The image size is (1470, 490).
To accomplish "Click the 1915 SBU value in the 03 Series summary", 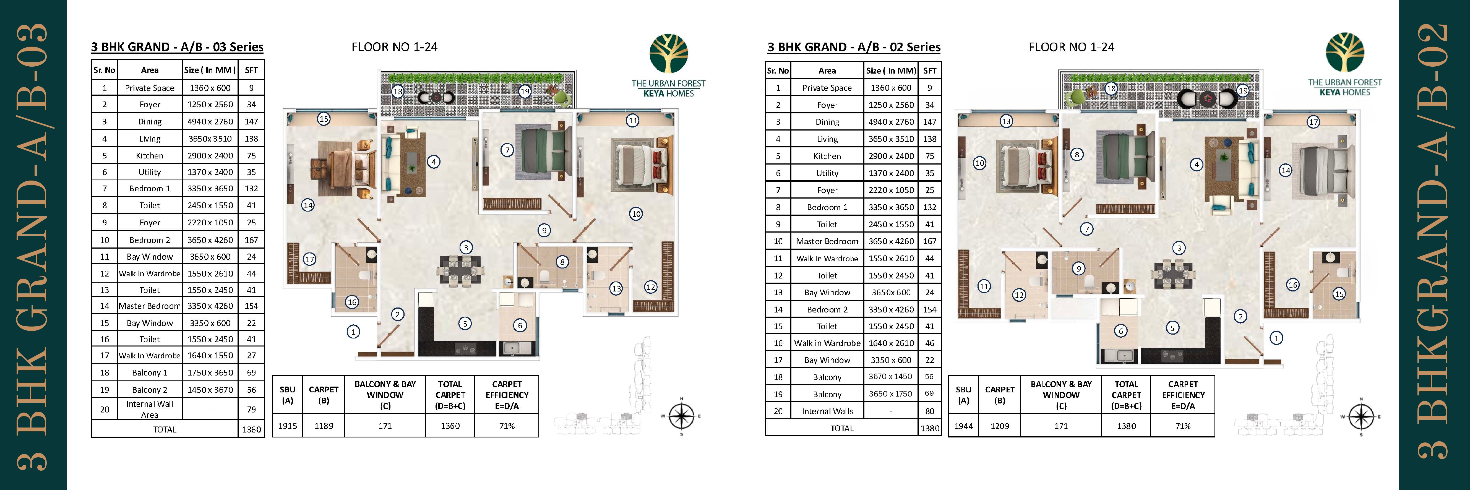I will pyautogui.click(x=288, y=426).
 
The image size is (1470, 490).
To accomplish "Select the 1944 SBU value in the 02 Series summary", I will pyautogui.click(x=963, y=426).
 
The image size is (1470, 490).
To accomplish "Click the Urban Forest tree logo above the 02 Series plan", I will pyautogui.click(x=1344, y=53).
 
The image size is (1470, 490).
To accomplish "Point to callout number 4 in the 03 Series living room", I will pyautogui.click(x=434, y=162).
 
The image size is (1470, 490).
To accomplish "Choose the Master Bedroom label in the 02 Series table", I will pyautogui.click(x=827, y=241).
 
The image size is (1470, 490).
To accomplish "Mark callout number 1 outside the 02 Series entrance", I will pyautogui.click(x=1276, y=338).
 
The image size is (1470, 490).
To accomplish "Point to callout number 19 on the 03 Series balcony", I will pyautogui.click(x=525, y=91).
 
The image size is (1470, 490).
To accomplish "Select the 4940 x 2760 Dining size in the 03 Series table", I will pyautogui.click(x=210, y=121).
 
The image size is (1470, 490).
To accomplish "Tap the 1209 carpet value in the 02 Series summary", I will pyautogui.click(x=1000, y=426).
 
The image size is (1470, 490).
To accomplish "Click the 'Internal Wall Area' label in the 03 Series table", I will pyautogui.click(x=150, y=409).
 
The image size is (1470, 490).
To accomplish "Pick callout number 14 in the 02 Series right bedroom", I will pyautogui.click(x=1285, y=170).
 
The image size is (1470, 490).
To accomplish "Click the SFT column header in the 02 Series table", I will pyautogui.click(x=930, y=71).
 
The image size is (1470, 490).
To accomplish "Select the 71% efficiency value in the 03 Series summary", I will pyautogui.click(x=507, y=426).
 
